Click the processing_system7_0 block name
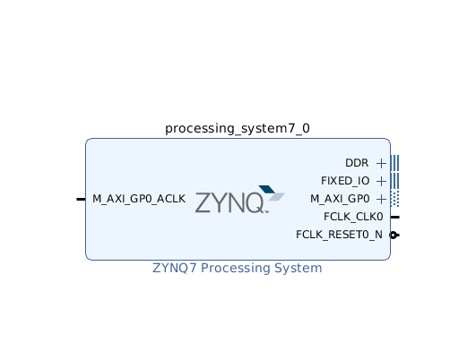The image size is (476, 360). click(238, 129)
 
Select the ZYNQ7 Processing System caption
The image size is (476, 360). click(237, 268)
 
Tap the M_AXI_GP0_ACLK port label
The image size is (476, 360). click(139, 199)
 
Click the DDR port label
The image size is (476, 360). click(357, 163)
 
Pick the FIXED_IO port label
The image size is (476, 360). click(345, 181)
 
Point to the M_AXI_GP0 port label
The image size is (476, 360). click(340, 199)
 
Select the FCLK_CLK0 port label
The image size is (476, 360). click(353, 217)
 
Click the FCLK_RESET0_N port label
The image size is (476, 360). click(339, 235)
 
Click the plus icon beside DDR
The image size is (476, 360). click(381, 164)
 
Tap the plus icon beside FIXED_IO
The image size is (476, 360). click(381, 182)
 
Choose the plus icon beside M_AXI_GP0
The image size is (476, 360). click(381, 200)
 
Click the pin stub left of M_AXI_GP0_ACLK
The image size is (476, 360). click(81, 200)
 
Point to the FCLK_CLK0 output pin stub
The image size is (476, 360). click(395, 217)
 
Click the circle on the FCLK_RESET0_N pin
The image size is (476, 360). click(394, 235)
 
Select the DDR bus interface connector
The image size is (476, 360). click(394, 163)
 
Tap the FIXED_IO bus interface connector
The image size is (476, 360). click(394, 181)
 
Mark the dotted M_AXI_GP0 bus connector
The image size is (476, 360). click(394, 199)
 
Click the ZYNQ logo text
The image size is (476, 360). click(229, 203)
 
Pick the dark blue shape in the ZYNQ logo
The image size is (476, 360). click(267, 189)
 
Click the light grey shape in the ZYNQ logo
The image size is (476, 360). click(277, 196)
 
